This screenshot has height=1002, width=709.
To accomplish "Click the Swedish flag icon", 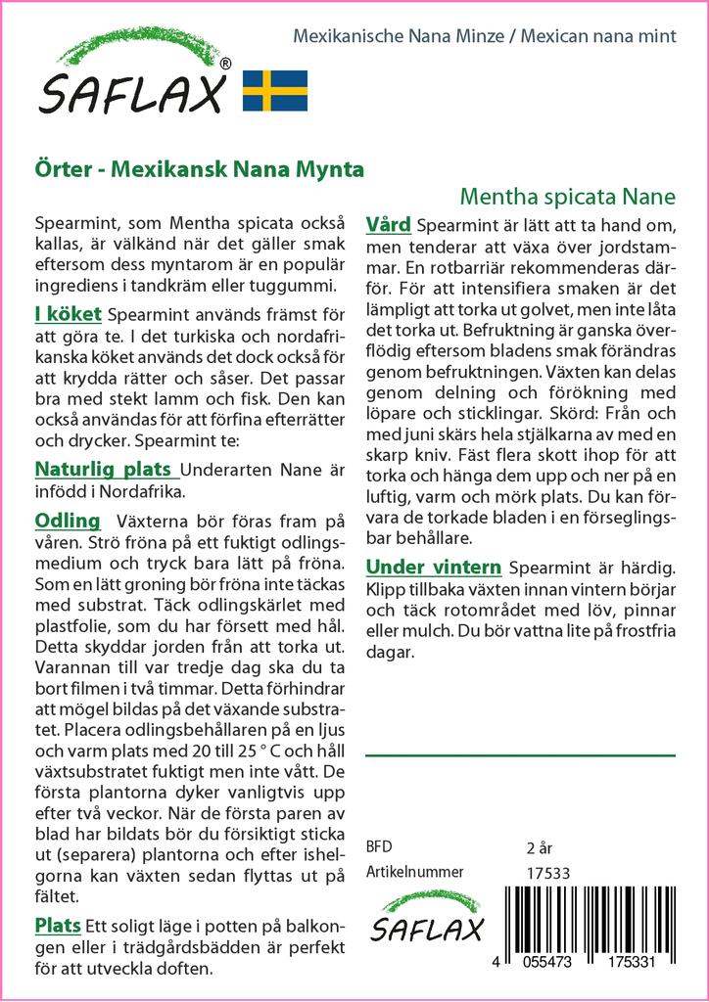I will pos(275,90).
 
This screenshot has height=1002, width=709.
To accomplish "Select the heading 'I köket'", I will pos(68,314).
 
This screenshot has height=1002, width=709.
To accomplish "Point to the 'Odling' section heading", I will pos(68,520).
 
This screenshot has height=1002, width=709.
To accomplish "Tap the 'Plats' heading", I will pos(58,926).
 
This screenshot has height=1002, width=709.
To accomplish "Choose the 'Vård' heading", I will pos(388,224).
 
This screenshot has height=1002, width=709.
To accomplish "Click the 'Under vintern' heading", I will pos(434,568).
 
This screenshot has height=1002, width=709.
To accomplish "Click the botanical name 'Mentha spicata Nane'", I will pos(567,196).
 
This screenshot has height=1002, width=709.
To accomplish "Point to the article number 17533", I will pos(548,874).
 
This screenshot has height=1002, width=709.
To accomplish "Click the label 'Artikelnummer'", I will pos(414,872).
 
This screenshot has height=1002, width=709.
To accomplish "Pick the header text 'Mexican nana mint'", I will pos(598,36).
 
